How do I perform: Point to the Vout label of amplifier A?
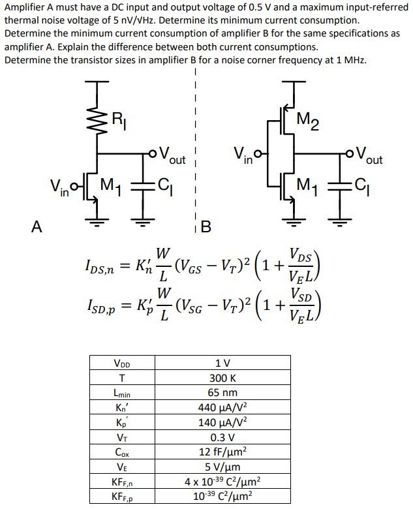click(x=169, y=157)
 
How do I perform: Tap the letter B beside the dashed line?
click(x=206, y=227)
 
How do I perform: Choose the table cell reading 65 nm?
click(x=222, y=393)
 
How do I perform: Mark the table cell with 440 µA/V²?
click(x=222, y=408)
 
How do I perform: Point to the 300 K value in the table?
click(x=222, y=378)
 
